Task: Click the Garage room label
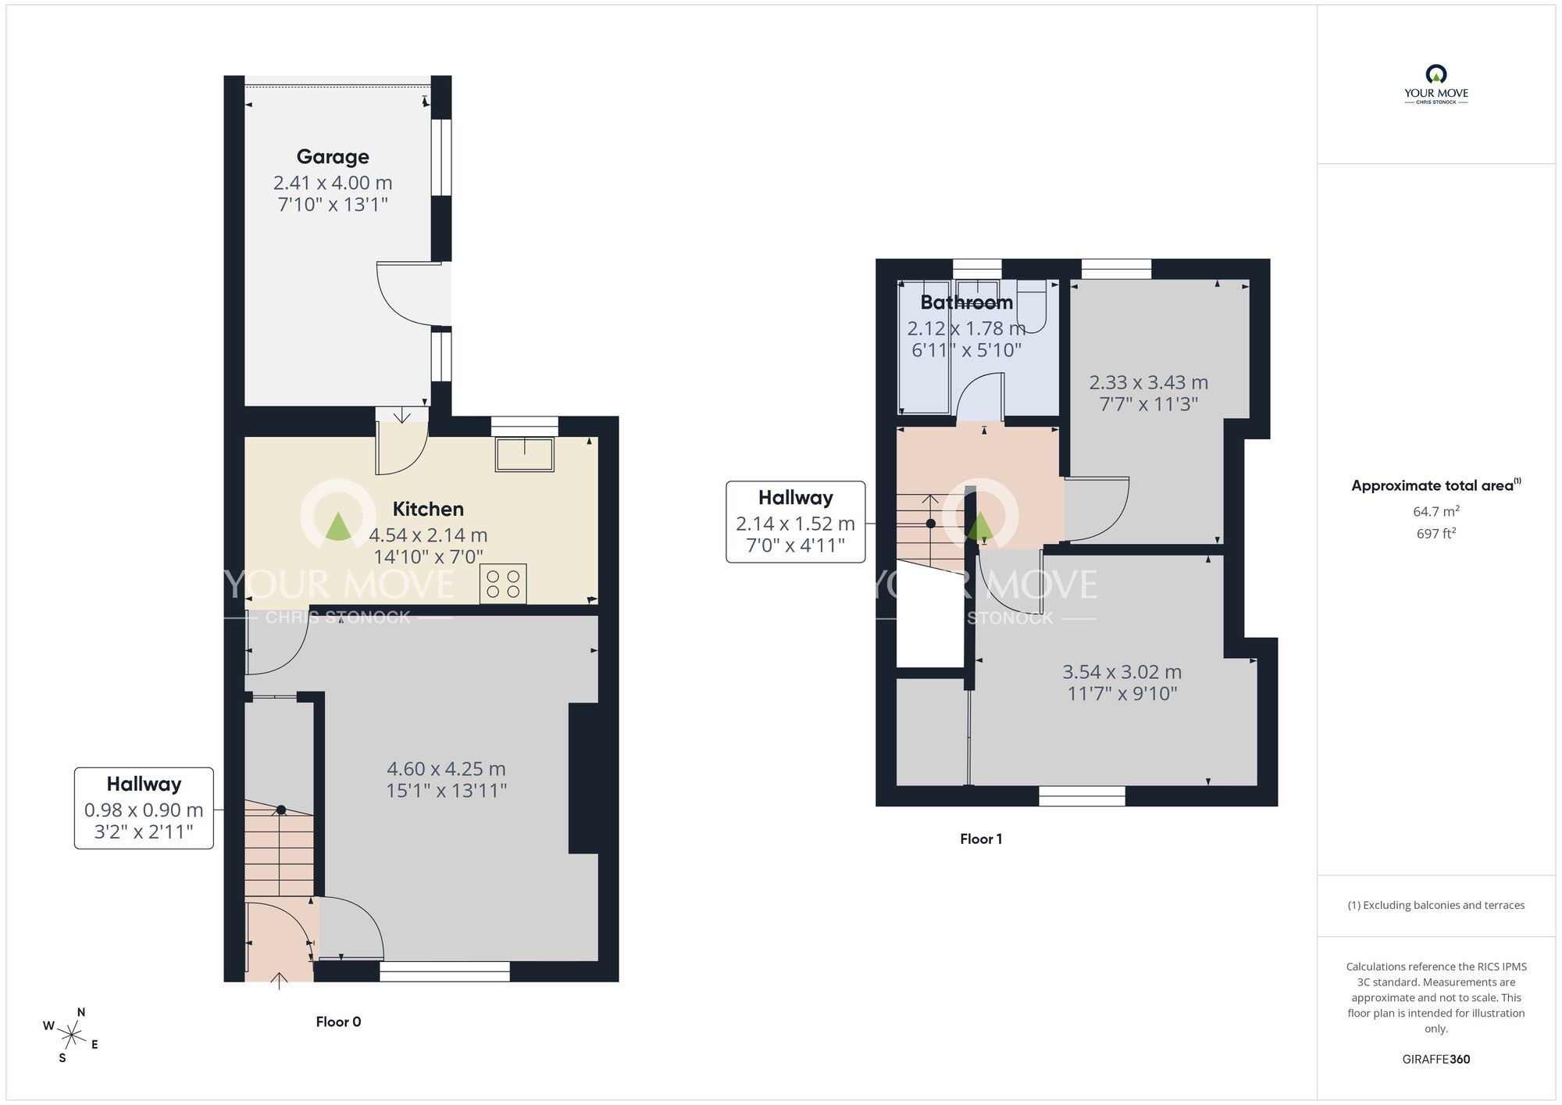[333, 156]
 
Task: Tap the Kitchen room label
[428, 509]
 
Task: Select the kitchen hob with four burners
[503, 585]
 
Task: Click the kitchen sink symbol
[524, 455]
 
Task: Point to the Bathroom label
[966, 302]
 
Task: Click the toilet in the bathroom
[1032, 308]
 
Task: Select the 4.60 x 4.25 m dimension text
[446, 769]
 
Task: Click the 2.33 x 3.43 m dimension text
[1148, 383]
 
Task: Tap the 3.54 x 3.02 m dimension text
[1122, 672]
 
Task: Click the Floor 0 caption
[338, 1021]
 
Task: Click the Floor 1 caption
[981, 839]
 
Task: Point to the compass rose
[71, 1036]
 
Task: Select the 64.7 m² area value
[1435, 511]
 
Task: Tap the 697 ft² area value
[1435, 534]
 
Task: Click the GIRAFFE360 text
[1435, 1059]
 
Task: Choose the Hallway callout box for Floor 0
[144, 807]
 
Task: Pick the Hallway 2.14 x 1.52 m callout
[795, 521]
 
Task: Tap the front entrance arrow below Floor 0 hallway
[279, 981]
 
